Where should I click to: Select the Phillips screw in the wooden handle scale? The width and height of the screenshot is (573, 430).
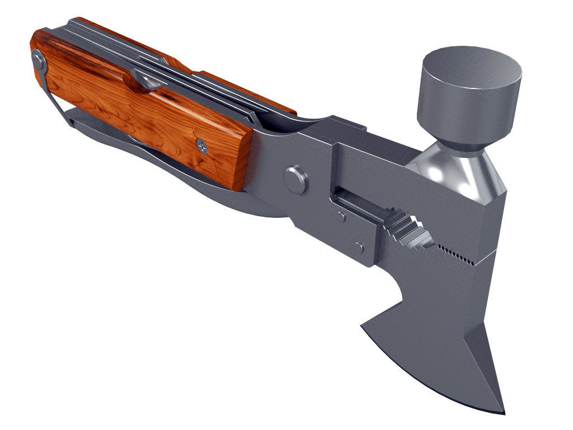tap(202, 146)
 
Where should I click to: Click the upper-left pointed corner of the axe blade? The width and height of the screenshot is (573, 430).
tap(364, 325)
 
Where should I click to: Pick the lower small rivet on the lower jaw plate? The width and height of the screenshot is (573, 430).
tap(358, 247)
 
